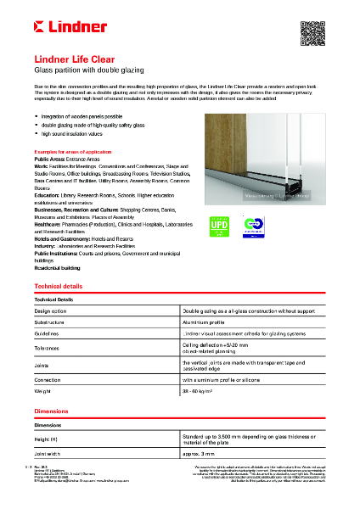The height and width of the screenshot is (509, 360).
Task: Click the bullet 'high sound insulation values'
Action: coord(72,134)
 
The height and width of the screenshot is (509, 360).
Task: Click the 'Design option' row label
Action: coord(53,311)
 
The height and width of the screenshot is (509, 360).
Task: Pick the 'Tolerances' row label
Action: coord(50,348)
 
